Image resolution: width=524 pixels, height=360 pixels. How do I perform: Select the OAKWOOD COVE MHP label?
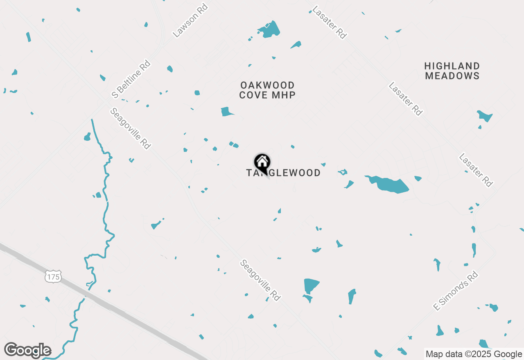(x=267, y=90)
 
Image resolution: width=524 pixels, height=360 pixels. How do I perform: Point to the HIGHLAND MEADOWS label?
(x=452, y=71)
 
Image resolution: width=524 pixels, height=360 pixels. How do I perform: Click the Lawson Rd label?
(x=190, y=20)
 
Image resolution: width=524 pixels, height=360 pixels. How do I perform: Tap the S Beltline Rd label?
(x=131, y=79)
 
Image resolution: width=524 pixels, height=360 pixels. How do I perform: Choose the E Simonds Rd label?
(x=456, y=290)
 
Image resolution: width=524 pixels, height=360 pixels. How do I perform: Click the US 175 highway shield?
(x=53, y=277)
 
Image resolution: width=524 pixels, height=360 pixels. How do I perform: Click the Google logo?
(x=27, y=350)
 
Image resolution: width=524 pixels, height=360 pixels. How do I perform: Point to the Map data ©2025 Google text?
(x=474, y=354)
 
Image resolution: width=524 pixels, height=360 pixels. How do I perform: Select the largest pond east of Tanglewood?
(x=389, y=185)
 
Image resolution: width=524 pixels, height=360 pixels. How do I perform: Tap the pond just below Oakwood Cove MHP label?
(x=226, y=111)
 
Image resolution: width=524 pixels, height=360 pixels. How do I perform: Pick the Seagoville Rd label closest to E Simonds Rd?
(x=260, y=280)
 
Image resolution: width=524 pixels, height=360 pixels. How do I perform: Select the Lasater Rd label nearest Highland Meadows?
(x=405, y=99)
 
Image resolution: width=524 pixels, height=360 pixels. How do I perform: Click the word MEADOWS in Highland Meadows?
(x=452, y=76)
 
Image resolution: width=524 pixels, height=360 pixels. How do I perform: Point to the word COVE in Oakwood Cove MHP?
(x=254, y=95)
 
